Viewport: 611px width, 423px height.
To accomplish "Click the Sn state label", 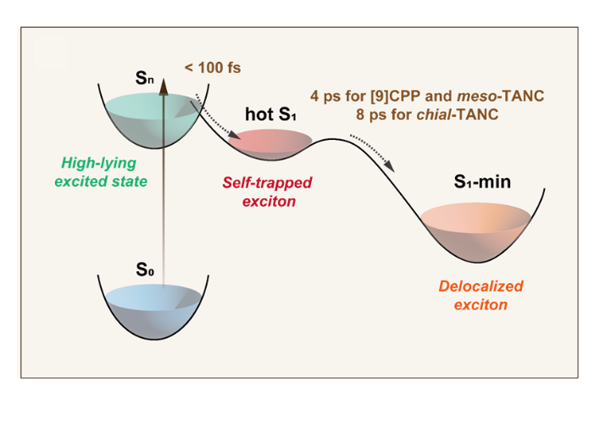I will [145, 78].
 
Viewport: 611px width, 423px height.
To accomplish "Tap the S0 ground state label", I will [145, 270].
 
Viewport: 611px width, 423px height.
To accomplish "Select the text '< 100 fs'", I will [212, 67].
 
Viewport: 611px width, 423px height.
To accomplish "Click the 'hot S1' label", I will [270, 114].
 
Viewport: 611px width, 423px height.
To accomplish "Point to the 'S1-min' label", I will [481, 181].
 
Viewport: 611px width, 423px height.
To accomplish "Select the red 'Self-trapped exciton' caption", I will [268, 192].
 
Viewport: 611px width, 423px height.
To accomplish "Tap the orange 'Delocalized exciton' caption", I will [480, 295].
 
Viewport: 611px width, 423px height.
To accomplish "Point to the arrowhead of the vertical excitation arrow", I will [164, 82].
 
